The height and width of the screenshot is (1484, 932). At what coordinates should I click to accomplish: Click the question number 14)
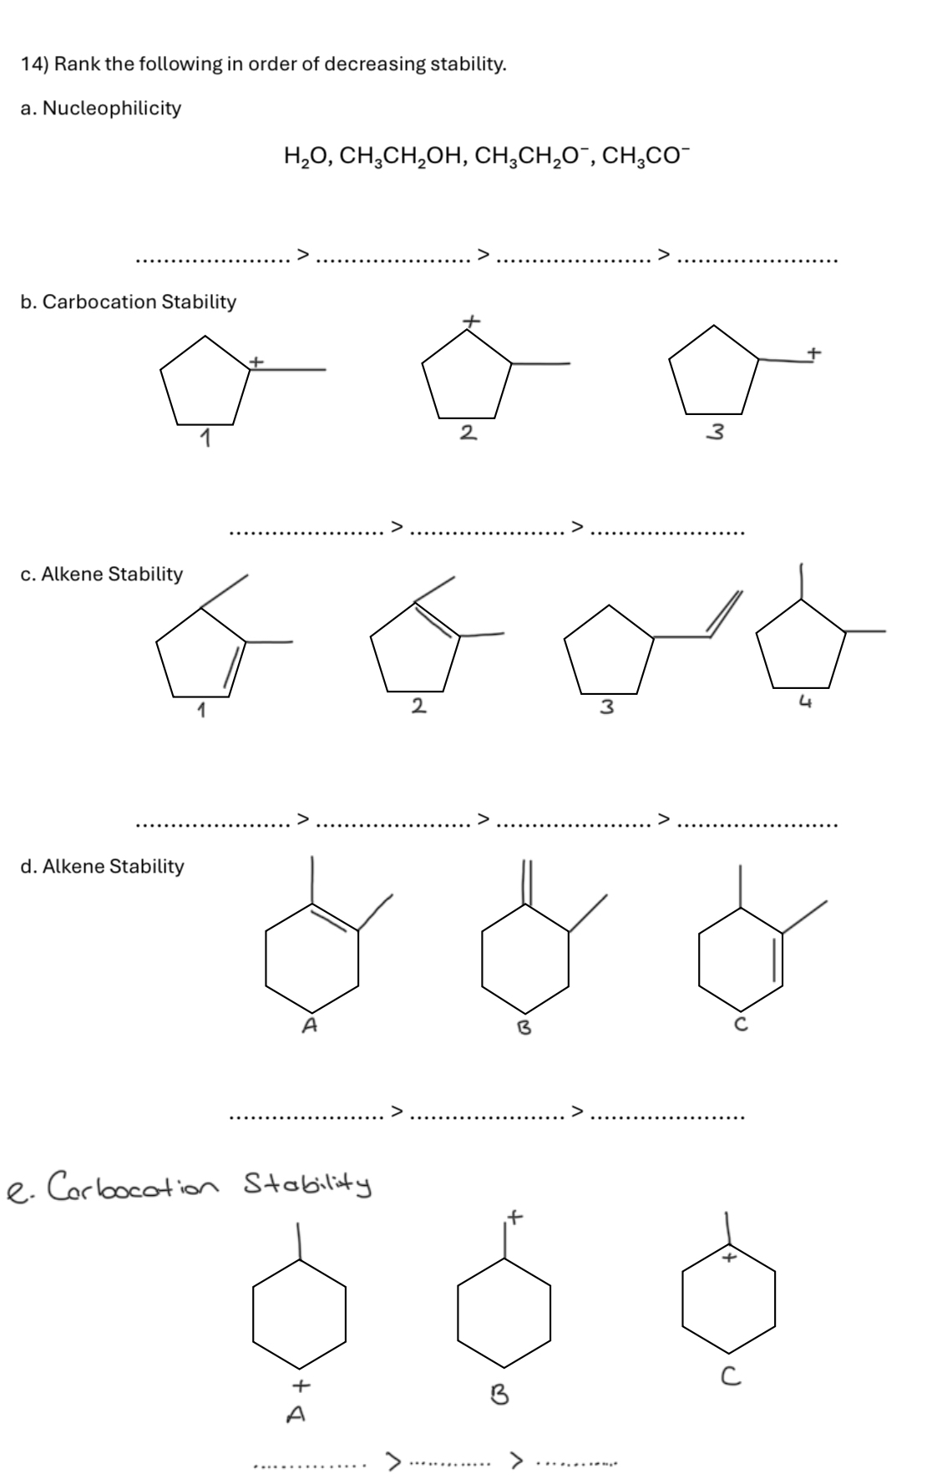[37, 63]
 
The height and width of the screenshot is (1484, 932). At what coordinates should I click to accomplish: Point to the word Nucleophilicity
[111, 109]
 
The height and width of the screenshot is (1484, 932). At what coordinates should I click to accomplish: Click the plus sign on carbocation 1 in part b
[257, 362]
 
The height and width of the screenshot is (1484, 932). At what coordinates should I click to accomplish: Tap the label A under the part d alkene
[309, 1025]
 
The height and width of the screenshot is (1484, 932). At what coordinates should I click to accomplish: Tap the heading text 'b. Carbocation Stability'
[128, 302]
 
